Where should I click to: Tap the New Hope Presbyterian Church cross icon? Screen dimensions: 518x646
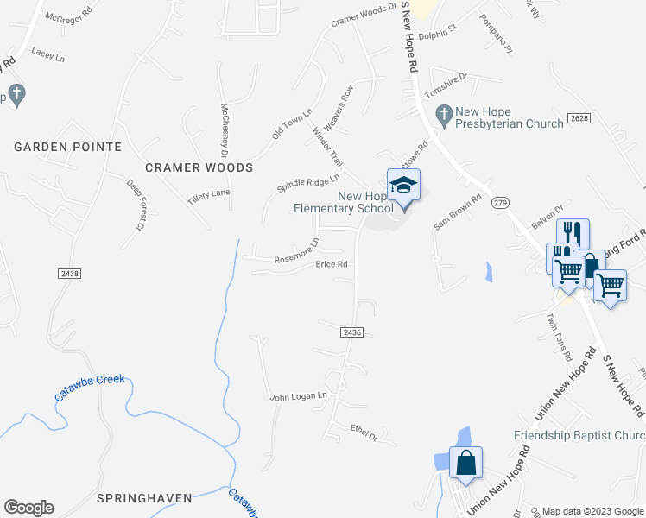point(444,113)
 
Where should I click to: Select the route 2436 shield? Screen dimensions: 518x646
point(351,332)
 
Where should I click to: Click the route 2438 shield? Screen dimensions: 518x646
point(70,273)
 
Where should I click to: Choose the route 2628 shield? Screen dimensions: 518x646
point(579,117)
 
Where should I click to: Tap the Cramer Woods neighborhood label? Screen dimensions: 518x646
point(199,167)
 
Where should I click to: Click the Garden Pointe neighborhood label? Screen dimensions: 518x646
point(67,147)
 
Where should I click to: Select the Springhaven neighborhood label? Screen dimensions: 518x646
point(143,498)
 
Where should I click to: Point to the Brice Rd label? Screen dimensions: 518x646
point(331,265)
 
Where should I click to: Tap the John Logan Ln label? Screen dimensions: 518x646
point(298,396)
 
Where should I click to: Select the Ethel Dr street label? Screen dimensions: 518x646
point(364,432)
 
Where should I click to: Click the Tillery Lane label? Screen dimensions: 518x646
point(209,196)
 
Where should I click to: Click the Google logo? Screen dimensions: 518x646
point(28,508)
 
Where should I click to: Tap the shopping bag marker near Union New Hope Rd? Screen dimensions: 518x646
point(465,462)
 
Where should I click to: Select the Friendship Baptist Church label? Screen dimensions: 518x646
point(579,435)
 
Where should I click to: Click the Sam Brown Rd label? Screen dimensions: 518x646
point(457,211)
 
